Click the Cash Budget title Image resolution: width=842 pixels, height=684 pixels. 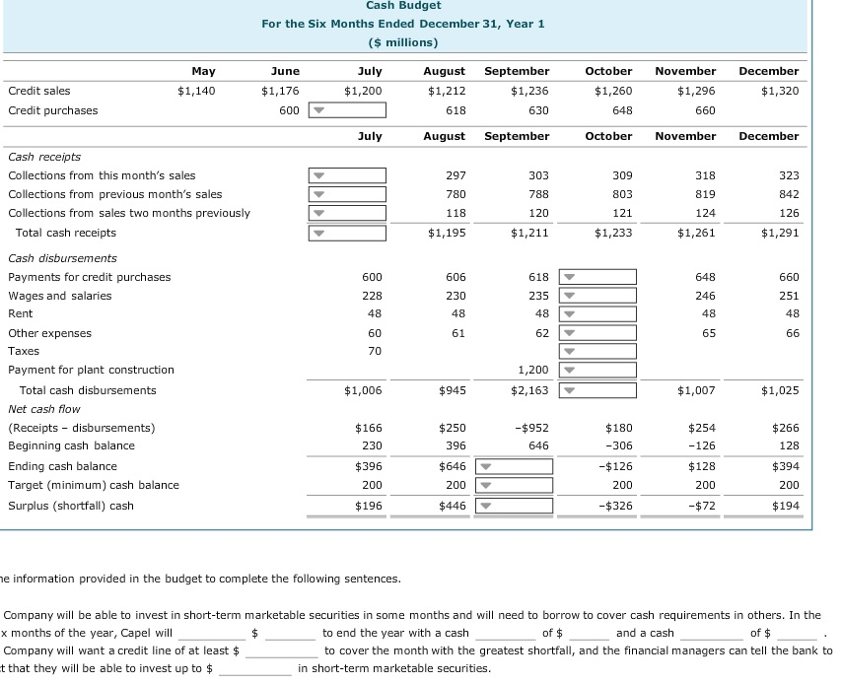tap(402, 6)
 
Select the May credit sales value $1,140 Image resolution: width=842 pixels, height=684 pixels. tap(196, 91)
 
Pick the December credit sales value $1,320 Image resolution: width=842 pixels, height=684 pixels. tap(780, 91)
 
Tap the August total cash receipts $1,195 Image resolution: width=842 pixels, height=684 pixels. tap(447, 233)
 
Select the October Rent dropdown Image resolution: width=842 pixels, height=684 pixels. tap(598, 313)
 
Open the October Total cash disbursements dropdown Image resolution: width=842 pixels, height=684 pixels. tap(598, 390)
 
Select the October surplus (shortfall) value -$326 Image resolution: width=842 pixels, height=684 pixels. tap(613, 506)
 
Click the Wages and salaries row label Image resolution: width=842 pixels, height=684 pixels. tap(60, 296)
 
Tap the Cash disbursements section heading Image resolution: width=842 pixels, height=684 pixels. tap(62, 258)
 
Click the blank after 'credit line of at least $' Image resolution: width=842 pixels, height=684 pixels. tap(281, 650)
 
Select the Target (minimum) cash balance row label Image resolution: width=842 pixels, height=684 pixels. tap(94, 485)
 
